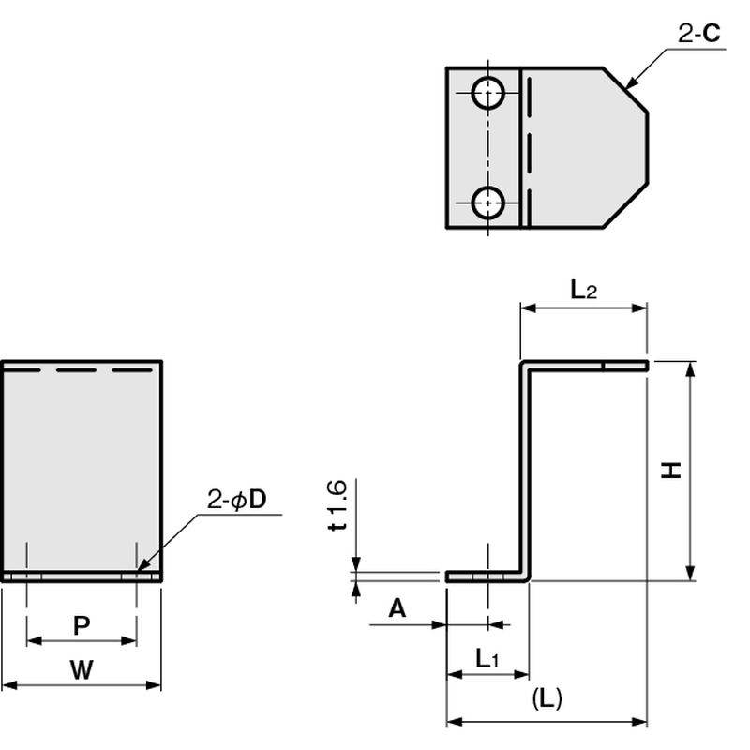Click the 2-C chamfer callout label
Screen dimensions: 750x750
699,35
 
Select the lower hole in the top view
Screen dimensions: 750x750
487,202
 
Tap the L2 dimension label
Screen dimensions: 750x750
583,290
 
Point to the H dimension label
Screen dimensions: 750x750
671,471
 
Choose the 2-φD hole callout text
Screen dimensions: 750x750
237,500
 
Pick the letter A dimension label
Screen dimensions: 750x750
397,609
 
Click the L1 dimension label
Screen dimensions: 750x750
486,659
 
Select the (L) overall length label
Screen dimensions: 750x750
546,698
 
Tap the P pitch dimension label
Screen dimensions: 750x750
82,625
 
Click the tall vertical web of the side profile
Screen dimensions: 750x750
525,469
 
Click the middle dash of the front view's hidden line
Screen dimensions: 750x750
82,371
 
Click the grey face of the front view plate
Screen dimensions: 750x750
82,469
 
